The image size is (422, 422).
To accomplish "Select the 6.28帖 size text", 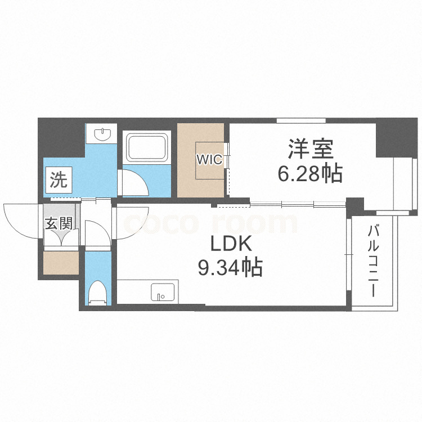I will (x=310, y=174).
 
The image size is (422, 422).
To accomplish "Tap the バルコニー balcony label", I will (x=372, y=262).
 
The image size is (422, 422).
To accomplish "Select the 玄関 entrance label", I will (x=58, y=223).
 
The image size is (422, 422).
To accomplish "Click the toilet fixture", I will (x=97, y=291).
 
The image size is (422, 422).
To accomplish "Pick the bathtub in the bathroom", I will (x=146, y=147).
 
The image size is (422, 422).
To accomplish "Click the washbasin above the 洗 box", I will (x=102, y=134).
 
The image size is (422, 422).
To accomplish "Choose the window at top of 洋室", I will (x=301, y=120).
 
